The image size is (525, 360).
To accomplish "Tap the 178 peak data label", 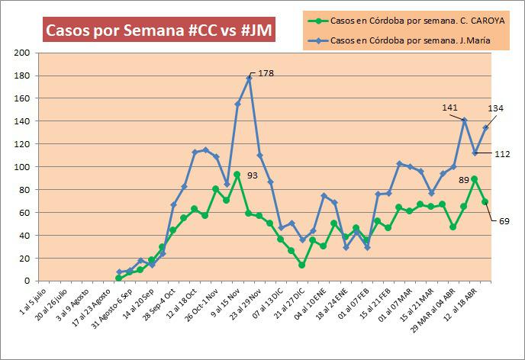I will [266, 73].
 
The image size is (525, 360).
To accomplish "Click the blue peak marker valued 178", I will [249, 78].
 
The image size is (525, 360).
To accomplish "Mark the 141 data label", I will [450, 108].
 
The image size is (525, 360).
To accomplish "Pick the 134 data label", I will [495, 108].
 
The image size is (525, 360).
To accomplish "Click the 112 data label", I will [501, 154].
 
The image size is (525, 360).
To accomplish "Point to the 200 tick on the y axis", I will [22, 53].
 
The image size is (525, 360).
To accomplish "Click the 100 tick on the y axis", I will [22, 167].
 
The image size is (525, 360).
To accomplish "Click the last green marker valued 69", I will [485, 202].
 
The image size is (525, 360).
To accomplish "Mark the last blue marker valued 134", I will [485, 127].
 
